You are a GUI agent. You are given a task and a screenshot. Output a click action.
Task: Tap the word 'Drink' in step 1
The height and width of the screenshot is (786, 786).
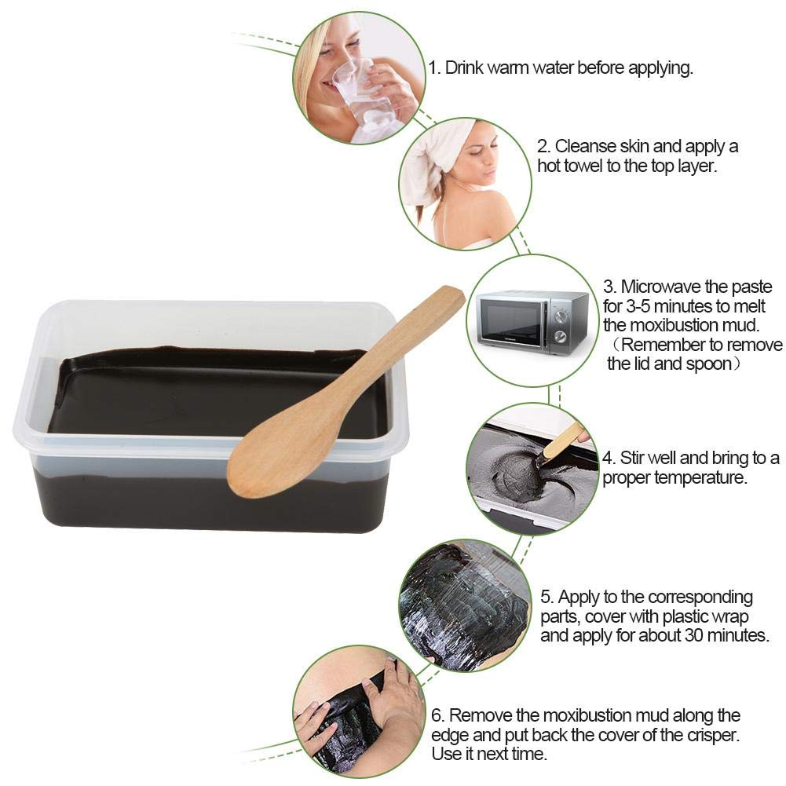tap(464, 68)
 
